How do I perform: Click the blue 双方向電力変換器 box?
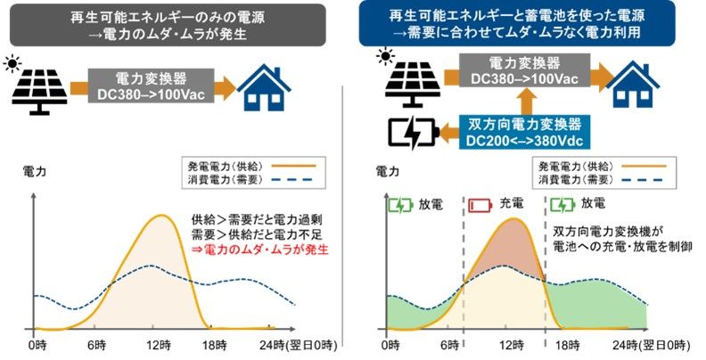[524, 132]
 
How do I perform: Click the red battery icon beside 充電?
[480, 205]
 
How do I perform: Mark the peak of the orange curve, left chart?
[161, 216]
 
